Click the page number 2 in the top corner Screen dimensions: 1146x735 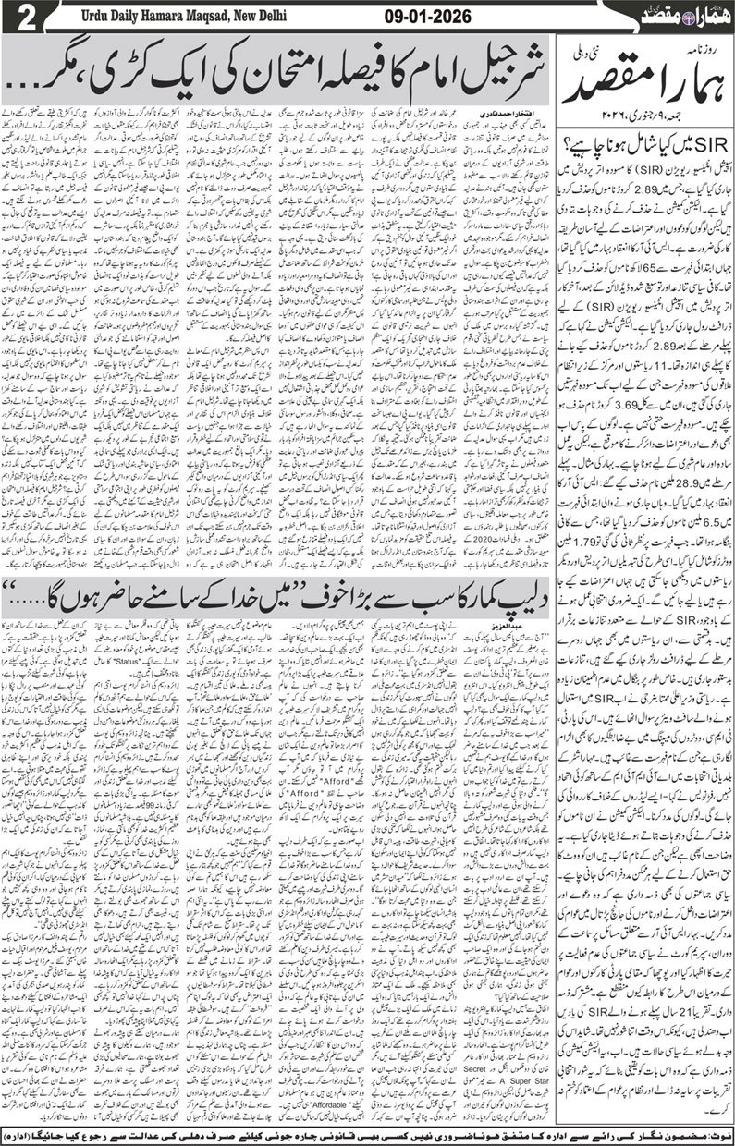tap(16, 18)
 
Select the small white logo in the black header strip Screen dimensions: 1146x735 tap(683, 17)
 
